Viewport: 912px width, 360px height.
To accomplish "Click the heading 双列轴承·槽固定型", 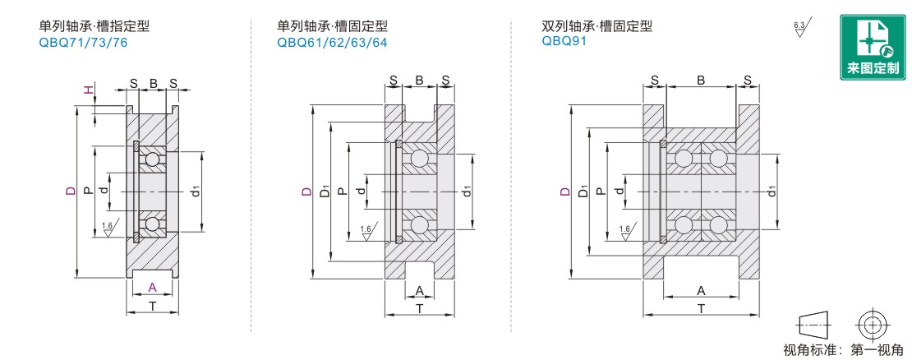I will [597, 26].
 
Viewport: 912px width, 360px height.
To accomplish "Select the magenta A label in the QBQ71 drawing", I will [152, 287].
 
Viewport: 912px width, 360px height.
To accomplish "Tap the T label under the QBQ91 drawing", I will [701, 308].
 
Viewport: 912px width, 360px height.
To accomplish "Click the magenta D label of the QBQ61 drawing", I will [306, 192].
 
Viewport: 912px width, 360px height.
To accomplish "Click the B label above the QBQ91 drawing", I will [701, 80].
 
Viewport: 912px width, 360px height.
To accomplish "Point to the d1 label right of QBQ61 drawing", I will [467, 192].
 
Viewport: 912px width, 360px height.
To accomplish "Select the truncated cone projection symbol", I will [815, 324].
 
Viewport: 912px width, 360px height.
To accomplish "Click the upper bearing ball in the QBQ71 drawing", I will [152, 159].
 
